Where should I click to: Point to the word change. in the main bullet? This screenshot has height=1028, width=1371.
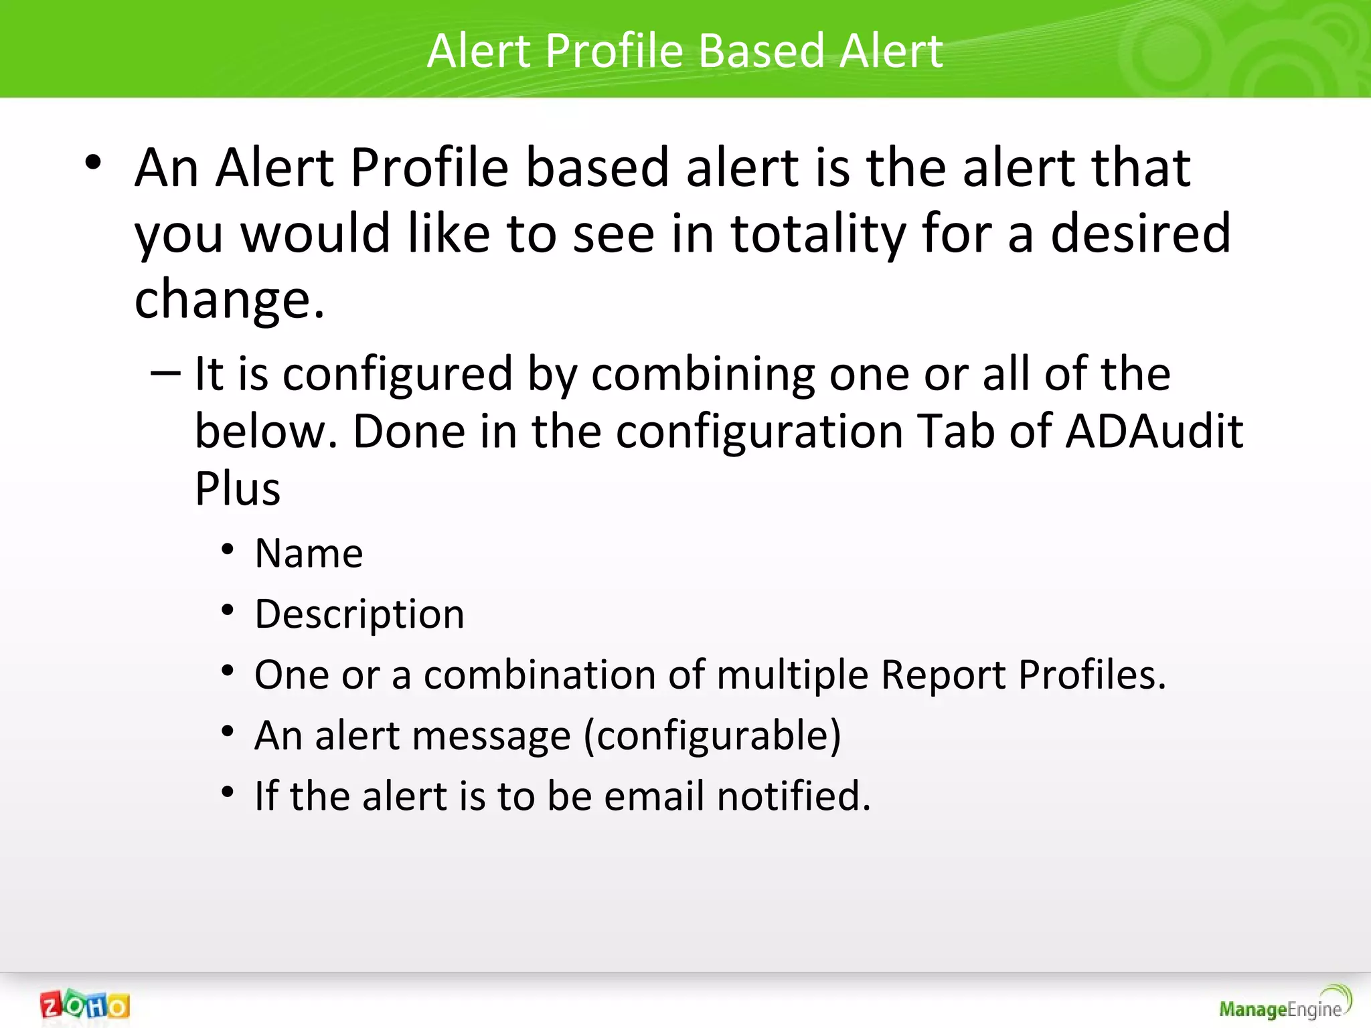(x=229, y=299)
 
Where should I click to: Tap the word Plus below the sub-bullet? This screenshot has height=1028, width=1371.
(x=238, y=489)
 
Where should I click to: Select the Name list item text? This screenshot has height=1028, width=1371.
(x=309, y=553)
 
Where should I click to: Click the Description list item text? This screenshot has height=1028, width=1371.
(x=359, y=614)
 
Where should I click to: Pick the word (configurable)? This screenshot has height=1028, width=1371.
(x=712, y=736)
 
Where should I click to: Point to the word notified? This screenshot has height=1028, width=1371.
(x=793, y=796)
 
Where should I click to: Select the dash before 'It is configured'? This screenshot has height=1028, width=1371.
(x=165, y=372)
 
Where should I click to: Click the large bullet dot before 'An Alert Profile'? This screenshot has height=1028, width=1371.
(x=93, y=163)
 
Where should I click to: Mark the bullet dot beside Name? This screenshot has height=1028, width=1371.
(x=228, y=550)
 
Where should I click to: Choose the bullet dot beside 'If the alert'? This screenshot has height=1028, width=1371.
(x=228, y=792)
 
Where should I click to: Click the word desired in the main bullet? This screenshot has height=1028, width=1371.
(x=1140, y=234)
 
